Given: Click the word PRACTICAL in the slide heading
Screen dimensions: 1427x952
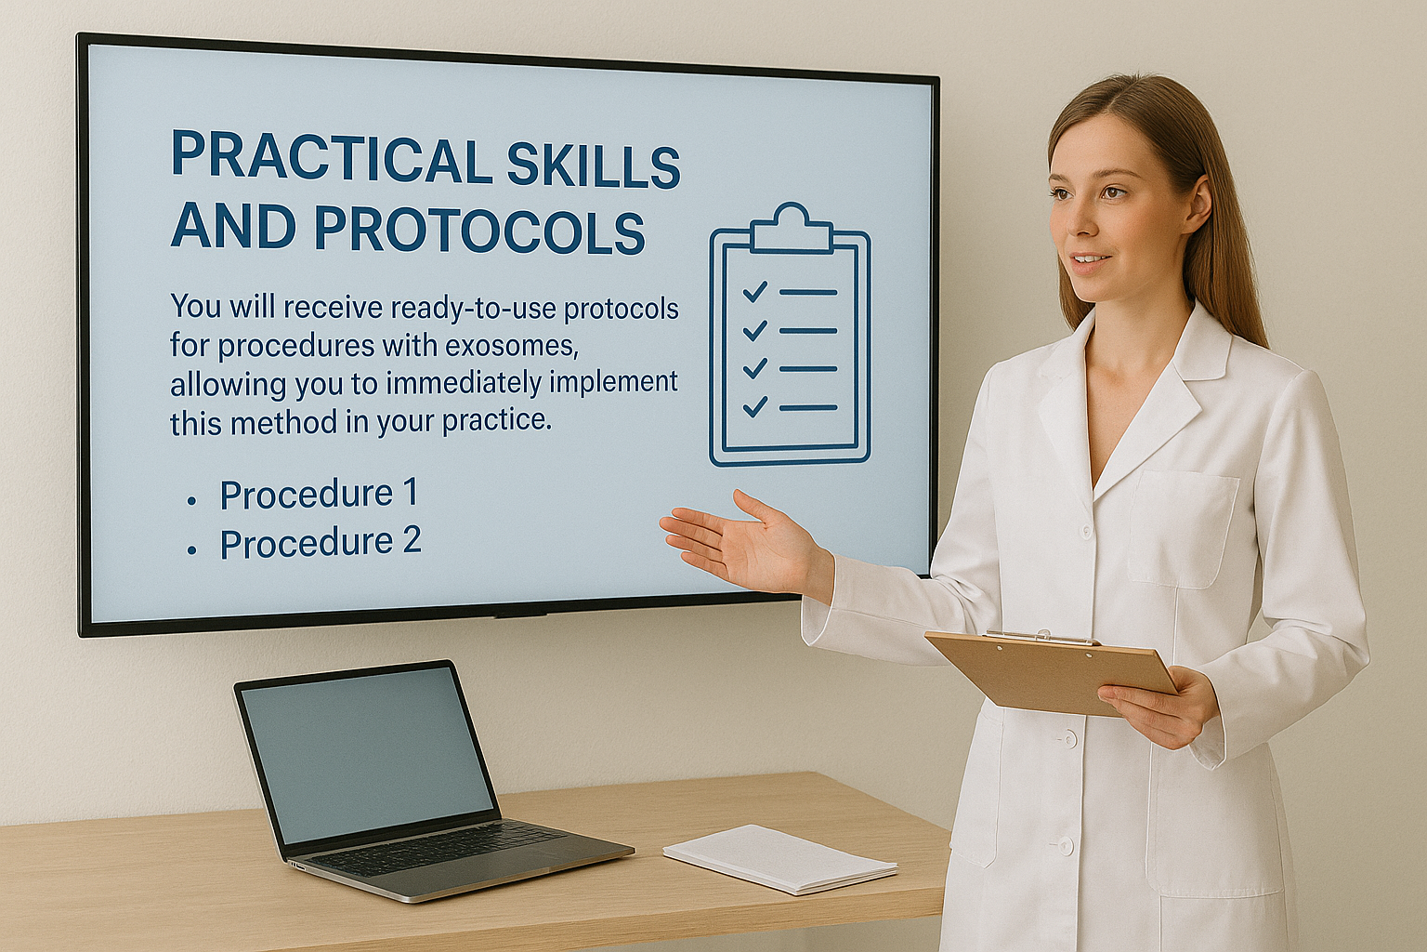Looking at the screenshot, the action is [x=330, y=155].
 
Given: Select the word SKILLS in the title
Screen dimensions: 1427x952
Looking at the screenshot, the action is [x=594, y=165].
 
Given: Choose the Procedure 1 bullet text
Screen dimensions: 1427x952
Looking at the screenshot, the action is [x=319, y=494].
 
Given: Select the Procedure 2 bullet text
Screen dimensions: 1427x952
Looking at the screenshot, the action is [x=321, y=543].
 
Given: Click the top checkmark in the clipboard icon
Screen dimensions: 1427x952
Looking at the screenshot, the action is [x=755, y=292].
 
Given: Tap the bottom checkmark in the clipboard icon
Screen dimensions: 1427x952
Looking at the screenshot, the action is [x=755, y=406].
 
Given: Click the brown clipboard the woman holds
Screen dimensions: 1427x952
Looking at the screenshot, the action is [x=1050, y=673].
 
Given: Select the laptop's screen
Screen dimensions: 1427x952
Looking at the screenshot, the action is [x=367, y=756].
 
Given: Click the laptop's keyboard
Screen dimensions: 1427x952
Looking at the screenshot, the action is [x=439, y=848].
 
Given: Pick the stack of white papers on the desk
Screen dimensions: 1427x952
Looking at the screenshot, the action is [x=780, y=858].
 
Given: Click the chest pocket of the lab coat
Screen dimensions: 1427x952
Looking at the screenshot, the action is [x=1182, y=529].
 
